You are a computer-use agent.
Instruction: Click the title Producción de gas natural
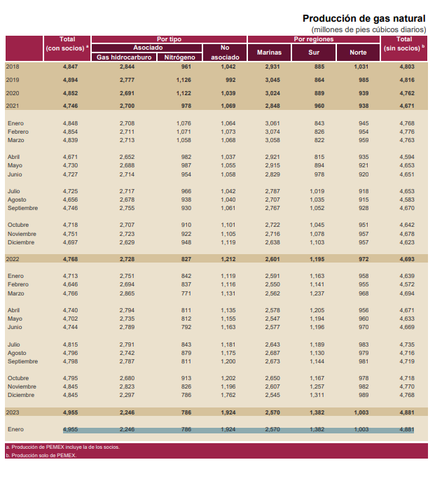point(364,18)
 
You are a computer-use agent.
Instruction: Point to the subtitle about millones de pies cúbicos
point(368,29)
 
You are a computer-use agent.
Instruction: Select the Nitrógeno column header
point(179,57)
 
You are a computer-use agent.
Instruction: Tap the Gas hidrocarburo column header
point(124,57)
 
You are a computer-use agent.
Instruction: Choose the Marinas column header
point(269,53)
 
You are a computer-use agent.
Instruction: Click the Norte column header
point(358,53)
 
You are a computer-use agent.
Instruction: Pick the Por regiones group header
point(314,39)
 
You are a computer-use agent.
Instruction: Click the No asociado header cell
point(225,53)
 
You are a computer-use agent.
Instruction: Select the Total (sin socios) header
point(404,43)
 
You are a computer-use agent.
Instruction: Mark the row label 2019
point(13,80)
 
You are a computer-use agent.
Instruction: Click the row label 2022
point(13,259)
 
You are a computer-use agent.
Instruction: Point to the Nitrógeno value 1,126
point(184,80)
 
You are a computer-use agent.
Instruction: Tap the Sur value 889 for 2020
point(319,93)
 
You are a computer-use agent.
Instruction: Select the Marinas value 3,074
point(272,132)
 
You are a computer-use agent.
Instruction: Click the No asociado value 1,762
point(228,395)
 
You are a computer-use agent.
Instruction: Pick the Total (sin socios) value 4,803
point(407,67)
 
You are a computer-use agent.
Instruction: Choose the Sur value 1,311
point(317,395)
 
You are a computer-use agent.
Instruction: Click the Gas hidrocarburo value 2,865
point(127,293)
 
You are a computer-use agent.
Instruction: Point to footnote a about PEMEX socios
point(62,447)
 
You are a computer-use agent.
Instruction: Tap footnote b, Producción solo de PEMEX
point(41,456)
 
